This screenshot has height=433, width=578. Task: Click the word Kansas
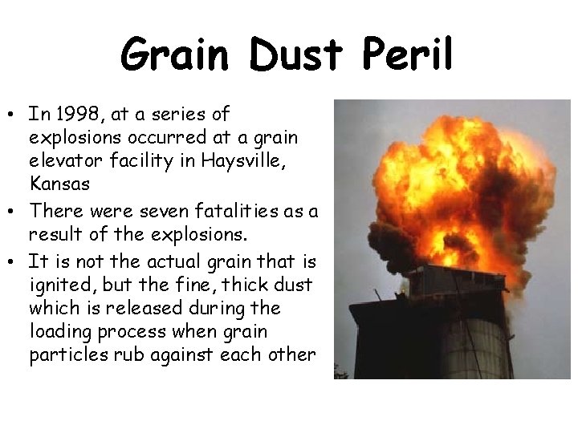point(59,184)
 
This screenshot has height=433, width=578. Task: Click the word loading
point(60,332)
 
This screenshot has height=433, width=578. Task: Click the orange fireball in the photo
point(425,184)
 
